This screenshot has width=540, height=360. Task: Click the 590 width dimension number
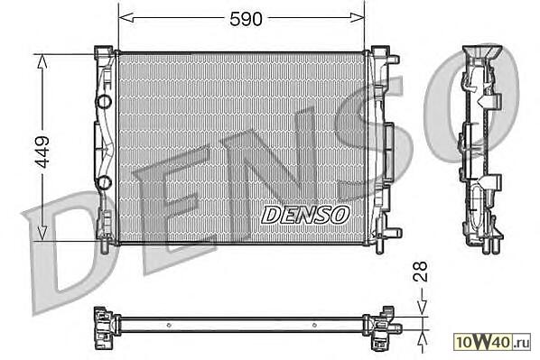click(246, 19)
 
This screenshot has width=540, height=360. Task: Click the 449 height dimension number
click(43, 152)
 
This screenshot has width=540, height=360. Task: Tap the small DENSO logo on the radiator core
click(305, 215)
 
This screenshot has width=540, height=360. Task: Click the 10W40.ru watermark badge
click(492, 342)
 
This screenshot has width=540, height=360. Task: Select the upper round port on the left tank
click(104, 102)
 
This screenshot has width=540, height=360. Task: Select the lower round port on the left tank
click(104, 182)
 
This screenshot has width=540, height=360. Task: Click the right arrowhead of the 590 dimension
click(357, 17)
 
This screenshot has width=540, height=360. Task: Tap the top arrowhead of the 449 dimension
click(42, 62)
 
